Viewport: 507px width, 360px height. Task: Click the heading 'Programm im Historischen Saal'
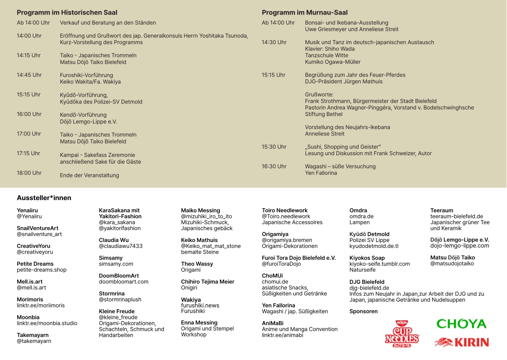67,13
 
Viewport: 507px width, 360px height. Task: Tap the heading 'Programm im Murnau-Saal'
305,13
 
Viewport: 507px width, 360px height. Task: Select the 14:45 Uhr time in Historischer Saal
29,75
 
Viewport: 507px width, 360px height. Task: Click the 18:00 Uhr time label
29,173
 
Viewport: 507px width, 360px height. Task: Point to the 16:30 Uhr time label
274,166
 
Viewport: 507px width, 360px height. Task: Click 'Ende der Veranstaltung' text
89,175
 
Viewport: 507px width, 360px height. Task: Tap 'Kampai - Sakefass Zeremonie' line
98,155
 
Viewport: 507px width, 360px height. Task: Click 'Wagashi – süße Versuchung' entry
340,166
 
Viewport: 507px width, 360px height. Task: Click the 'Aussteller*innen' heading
44,198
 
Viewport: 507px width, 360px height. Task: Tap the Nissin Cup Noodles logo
402,333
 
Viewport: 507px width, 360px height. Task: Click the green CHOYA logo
461,324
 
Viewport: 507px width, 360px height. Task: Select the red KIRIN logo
462,342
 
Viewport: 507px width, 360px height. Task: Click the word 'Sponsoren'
364,311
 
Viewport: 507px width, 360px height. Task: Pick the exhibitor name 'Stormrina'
112,294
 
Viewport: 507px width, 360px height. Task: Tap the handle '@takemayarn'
34,341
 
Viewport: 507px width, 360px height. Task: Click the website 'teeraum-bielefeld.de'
457,216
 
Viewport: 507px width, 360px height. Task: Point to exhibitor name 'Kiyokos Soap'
367,258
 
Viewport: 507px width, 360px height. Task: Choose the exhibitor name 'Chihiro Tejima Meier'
208,282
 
